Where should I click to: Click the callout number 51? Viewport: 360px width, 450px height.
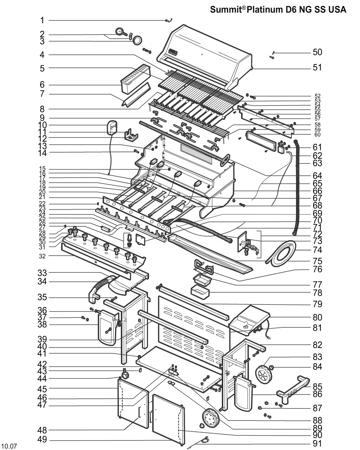[x=317, y=67]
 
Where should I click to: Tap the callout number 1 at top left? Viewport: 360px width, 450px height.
[x=42, y=20]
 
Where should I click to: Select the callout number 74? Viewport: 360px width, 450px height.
[x=317, y=250]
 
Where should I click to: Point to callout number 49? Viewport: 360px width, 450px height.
[x=42, y=440]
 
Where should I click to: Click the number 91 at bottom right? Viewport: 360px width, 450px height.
[x=317, y=443]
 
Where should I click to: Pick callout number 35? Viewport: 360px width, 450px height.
[x=42, y=297]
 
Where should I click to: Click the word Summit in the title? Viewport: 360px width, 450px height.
[x=225, y=9]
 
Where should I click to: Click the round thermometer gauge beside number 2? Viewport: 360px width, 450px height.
[x=120, y=32]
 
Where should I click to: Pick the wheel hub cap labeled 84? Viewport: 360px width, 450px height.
[x=272, y=368]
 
